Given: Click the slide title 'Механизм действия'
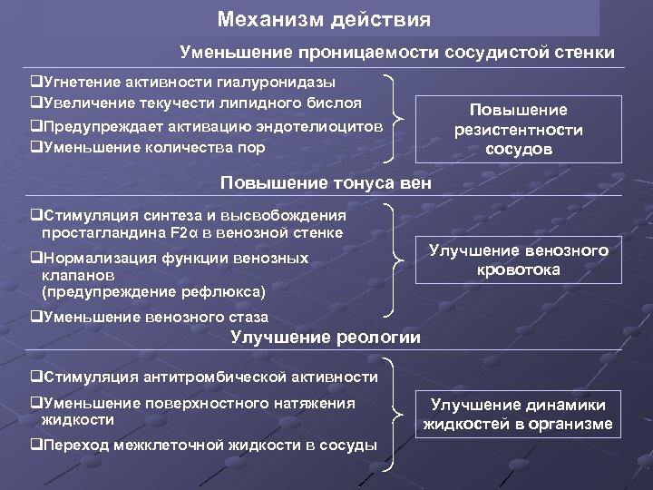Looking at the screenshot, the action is [325, 18].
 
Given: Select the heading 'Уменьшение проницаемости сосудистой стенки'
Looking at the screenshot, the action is [397, 53].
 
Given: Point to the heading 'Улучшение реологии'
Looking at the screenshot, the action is [326, 338].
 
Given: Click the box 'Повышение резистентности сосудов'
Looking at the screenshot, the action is [518, 130].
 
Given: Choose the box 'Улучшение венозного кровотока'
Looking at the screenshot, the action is [518, 260].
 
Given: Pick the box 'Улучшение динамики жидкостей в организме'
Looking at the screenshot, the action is [518, 415].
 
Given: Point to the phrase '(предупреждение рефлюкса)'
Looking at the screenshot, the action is [153, 291].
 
